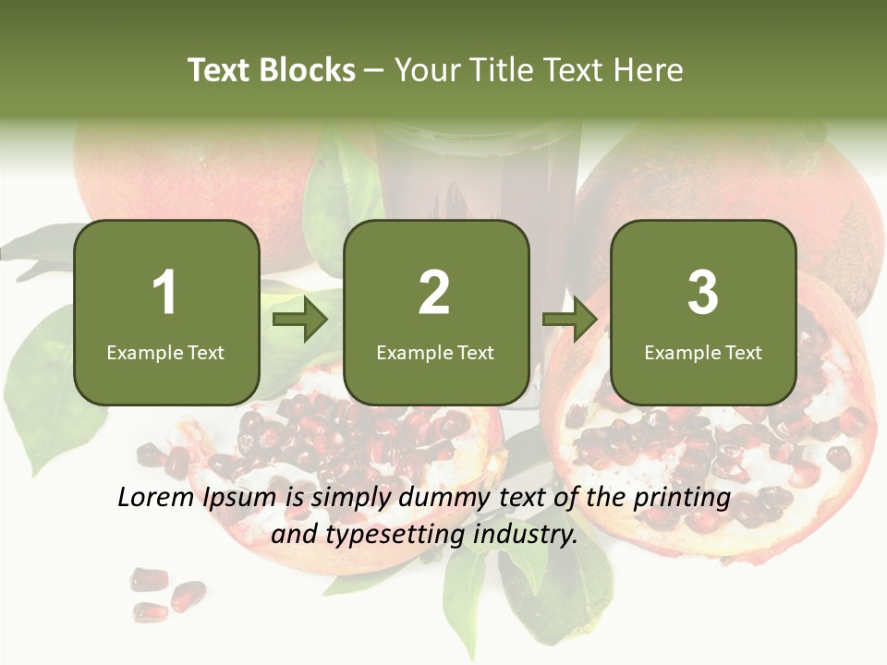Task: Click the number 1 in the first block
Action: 165,293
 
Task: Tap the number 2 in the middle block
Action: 434,293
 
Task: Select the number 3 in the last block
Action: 702,293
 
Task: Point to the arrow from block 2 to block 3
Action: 570,319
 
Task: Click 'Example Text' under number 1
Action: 165,352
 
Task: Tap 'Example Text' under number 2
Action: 435,352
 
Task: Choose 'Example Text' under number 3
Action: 703,352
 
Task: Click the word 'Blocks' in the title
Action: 307,70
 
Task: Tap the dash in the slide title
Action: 374,70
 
